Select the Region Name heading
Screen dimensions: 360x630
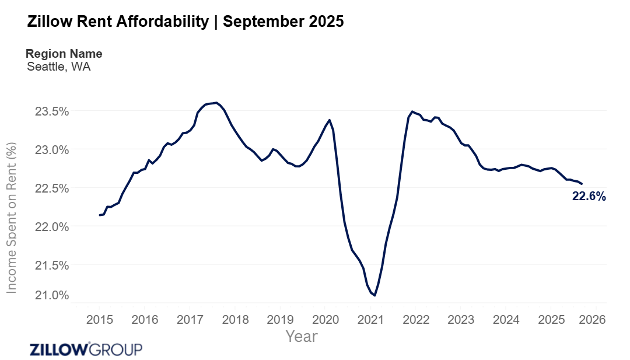(x=64, y=54)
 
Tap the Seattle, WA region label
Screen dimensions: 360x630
(x=59, y=67)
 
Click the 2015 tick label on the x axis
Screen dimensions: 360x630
(x=99, y=320)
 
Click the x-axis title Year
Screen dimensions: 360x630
(x=302, y=337)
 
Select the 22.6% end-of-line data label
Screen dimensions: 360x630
(x=589, y=197)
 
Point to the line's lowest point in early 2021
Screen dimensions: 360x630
(x=374, y=295)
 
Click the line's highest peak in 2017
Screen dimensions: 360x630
(x=216, y=103)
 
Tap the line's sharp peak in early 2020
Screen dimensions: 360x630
(x=330, y=120)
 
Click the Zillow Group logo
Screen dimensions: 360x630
(x=86, y=349)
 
